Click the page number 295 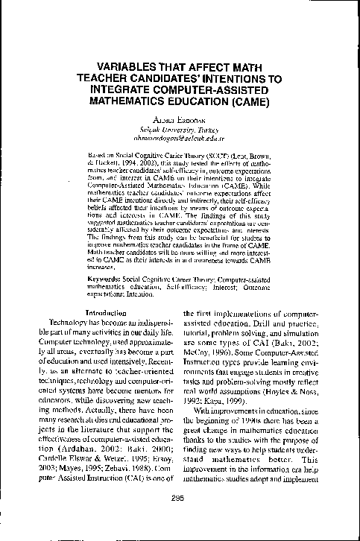(179, 519)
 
